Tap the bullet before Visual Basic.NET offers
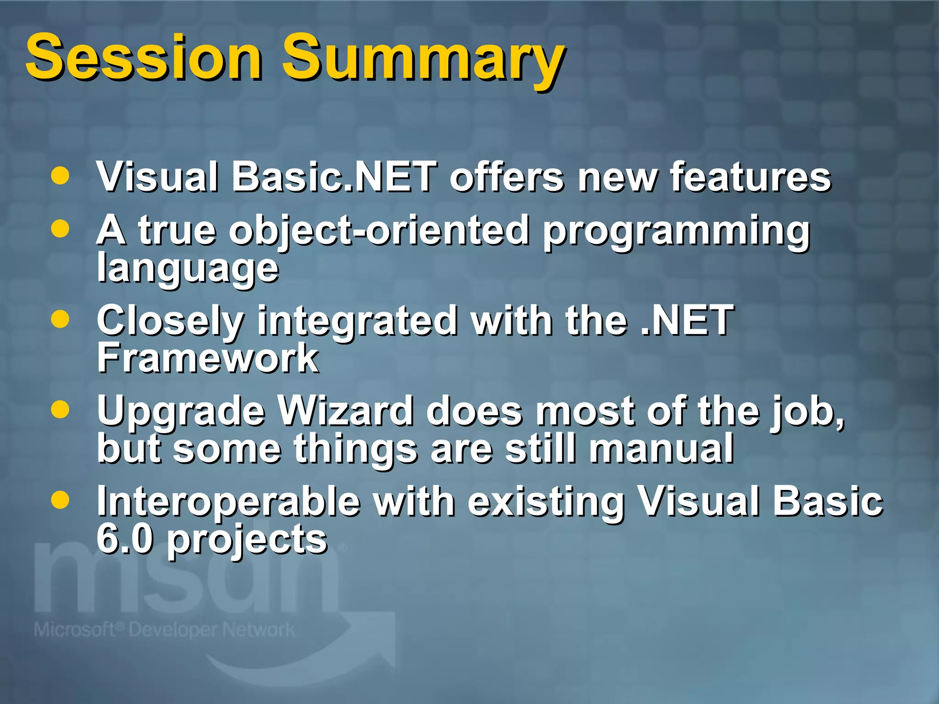coord(61,176)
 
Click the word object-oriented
coord(379,231)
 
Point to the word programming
coord(676,232)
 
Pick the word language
coord(188,269)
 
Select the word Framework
coord(207,358)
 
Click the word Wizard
coord(346,411)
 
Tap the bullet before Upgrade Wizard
coord(61,409)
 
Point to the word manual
coord(661,449)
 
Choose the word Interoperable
coord(228,501)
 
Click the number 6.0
coord(124,539)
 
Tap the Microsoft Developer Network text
coord(164,630)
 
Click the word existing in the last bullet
coord(546,502)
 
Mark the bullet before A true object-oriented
coord(61,229)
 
